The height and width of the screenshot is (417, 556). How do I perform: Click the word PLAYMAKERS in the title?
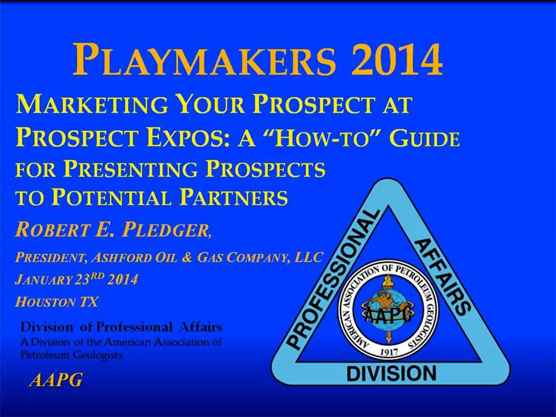click(204, 59)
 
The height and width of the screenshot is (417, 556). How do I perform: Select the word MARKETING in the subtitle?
click(92, 105)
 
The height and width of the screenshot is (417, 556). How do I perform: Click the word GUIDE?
click(425, 138)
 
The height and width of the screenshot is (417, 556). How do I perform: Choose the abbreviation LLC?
click(308, 257)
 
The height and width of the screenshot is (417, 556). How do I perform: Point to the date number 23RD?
click(89, 279)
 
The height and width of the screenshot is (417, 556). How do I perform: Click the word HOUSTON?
click(45, 302)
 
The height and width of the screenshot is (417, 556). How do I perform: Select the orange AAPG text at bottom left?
click(56, 380)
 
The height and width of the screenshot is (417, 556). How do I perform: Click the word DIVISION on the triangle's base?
click(391, 374)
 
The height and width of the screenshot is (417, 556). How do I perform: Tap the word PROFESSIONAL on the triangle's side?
click(332, 279)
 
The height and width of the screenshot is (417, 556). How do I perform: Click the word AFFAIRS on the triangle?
click(442, 277)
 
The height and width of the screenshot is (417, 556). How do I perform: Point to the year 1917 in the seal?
click(389, 352)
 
